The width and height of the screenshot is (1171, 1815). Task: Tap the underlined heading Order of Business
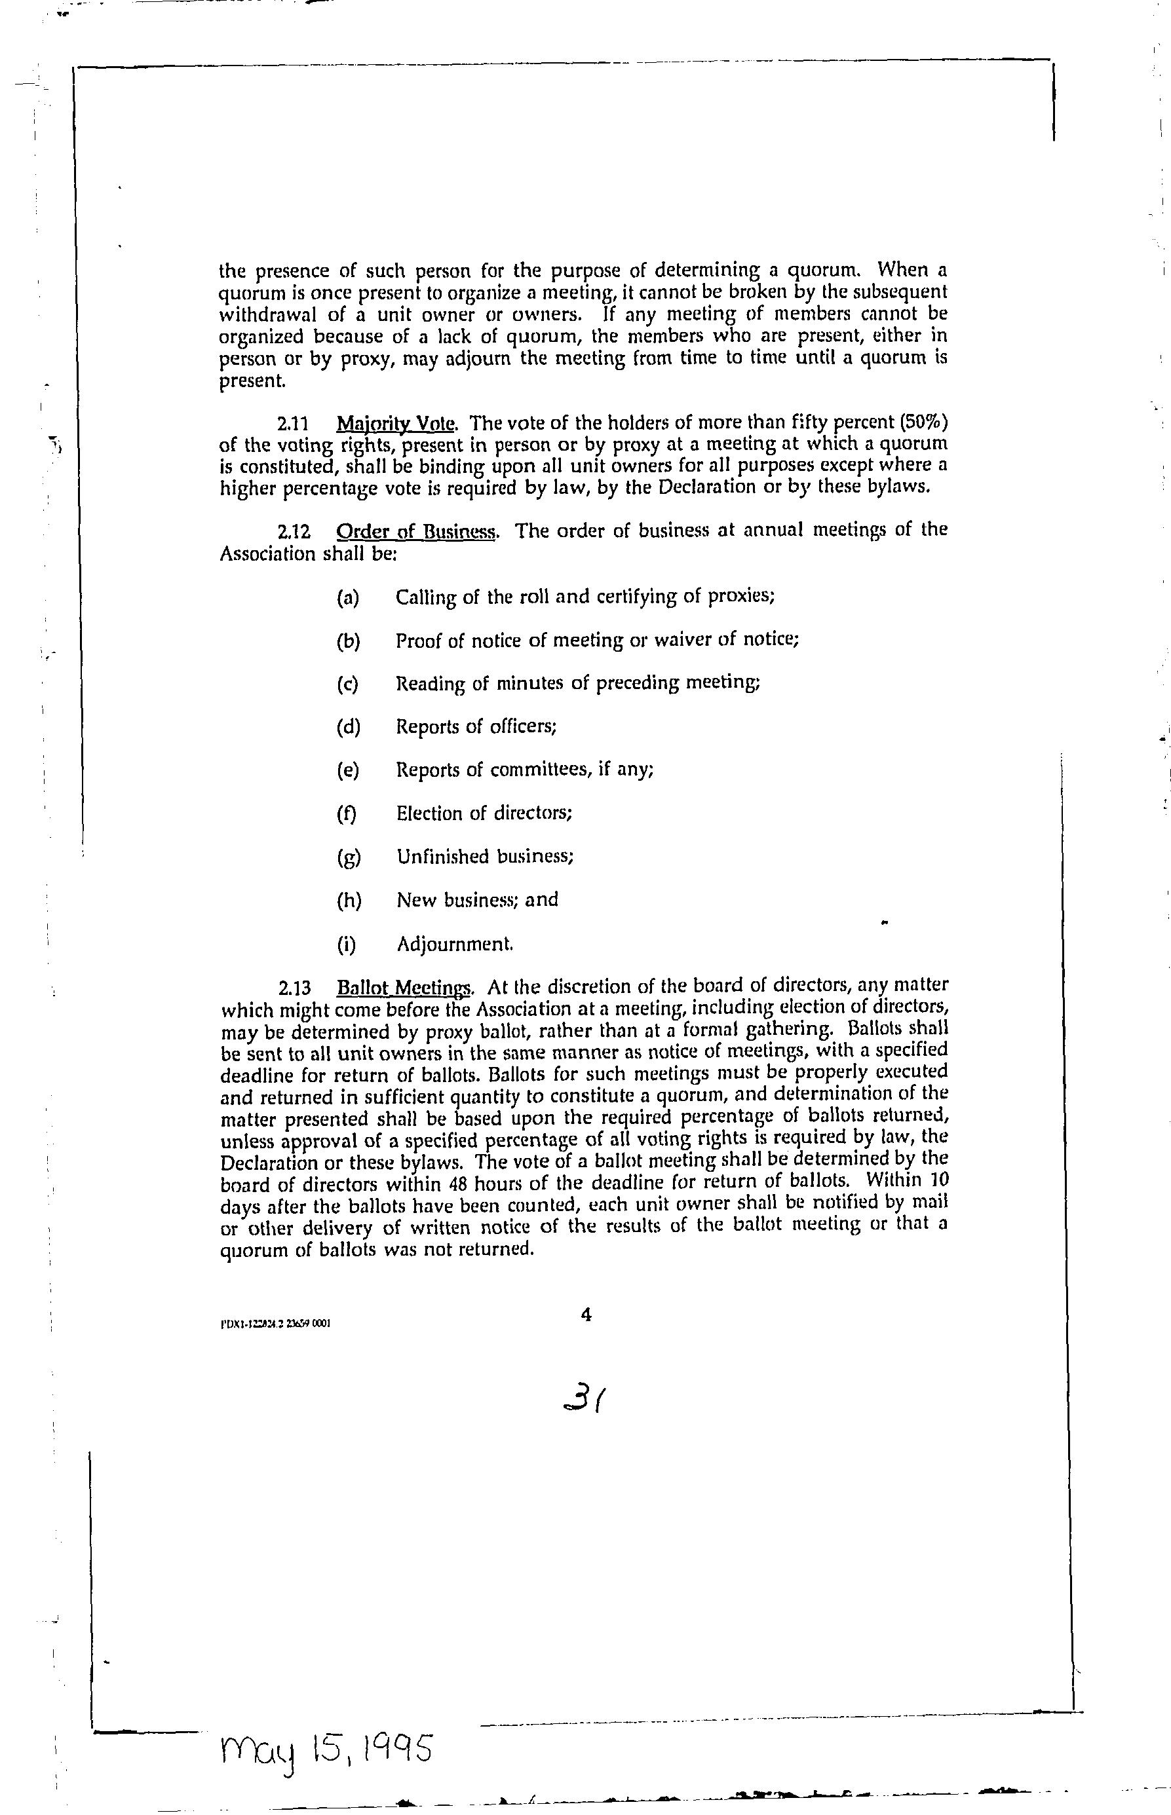click(417, 531)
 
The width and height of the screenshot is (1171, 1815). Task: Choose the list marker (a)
click(347, 597)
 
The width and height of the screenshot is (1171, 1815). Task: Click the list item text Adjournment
click(455, 945)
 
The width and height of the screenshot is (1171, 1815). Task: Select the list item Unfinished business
click(485, 857)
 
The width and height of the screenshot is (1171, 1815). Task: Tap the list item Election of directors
click(484, 814)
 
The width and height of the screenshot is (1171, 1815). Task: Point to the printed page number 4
click(586, 1314)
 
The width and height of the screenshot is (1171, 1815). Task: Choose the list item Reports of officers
click(476, 727)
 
